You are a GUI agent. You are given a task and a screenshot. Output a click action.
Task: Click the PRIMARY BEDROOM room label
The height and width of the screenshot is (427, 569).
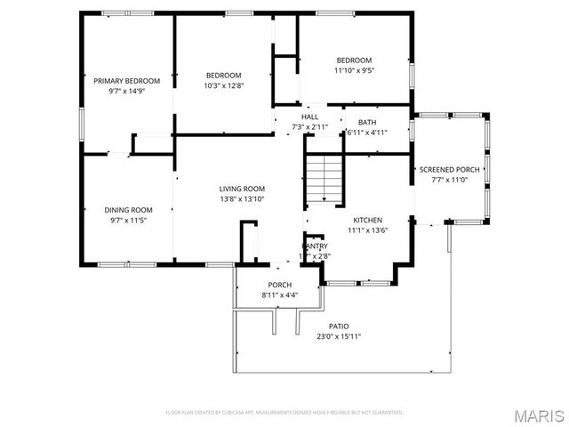[127, 81]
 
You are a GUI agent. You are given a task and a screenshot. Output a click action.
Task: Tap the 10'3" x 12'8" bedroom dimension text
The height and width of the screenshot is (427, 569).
[223, 85]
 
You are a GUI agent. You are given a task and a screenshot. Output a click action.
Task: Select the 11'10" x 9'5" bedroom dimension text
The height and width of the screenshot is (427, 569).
[353, 70]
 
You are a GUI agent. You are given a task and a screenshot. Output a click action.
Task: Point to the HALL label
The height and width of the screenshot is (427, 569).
[309, 117]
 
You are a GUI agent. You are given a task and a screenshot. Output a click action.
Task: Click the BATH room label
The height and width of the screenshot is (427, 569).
[366, 122]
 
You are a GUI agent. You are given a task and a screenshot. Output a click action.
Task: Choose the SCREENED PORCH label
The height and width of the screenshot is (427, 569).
[449, 169]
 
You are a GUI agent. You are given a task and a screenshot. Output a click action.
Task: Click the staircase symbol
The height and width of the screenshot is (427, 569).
[324, 177]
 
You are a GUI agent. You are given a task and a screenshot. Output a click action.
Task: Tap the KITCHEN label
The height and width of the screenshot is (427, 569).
[367, 220]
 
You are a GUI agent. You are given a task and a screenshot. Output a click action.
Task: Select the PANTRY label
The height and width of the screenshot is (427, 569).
[315, 246]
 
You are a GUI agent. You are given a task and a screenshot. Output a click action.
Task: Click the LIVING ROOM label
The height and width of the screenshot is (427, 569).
[243, 189]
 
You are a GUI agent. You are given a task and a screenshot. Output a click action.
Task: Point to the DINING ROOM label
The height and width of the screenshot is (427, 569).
[128, 210]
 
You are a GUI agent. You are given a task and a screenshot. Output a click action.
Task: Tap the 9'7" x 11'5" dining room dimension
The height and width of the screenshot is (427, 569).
[128, 220]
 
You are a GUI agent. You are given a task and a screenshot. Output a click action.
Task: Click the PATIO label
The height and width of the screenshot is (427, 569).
[339, 326]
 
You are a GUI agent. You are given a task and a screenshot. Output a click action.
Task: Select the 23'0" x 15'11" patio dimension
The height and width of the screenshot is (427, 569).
[339, 336]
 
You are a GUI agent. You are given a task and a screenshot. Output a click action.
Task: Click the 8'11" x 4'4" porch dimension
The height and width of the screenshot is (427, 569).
[280, 295]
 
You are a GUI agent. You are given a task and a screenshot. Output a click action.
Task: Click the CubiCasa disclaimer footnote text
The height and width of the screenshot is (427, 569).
[284, 413]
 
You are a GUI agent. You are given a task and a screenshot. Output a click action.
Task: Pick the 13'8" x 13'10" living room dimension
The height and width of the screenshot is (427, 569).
[243, 198]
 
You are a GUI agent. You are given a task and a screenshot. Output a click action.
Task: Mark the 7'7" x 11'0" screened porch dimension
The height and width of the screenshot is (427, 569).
[449, 179]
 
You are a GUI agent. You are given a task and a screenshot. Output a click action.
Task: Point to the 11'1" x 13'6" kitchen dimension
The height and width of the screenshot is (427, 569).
[367, 230]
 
